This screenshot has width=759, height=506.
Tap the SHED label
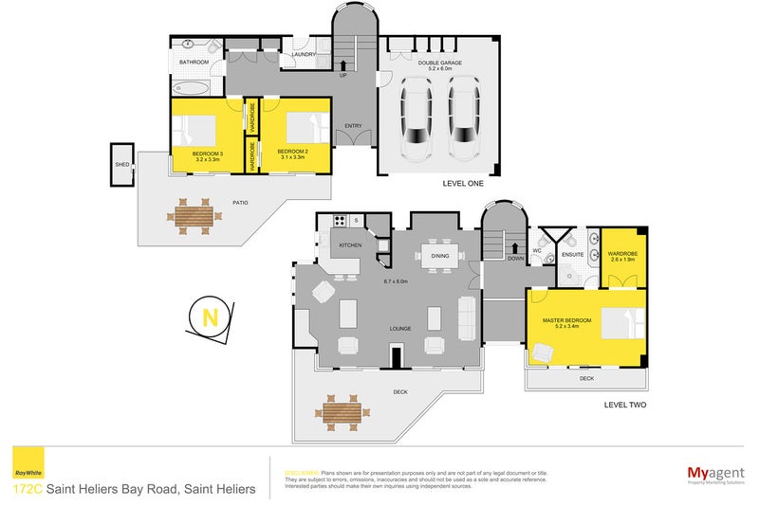pos(121,165)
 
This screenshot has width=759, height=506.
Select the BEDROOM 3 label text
pos(207,155)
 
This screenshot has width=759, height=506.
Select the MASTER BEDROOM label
pos(566,320)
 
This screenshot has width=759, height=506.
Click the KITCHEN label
pos(351,245)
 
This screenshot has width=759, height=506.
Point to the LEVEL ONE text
pos(464,184)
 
